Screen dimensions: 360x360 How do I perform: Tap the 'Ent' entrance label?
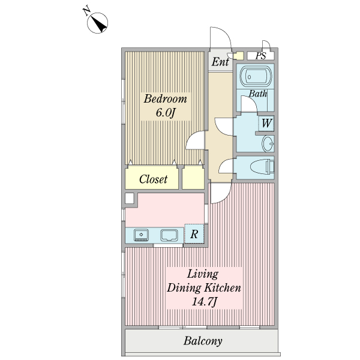click(219, 61)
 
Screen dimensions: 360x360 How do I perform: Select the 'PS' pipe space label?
click(260, 56)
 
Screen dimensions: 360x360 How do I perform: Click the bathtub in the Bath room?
click(256, 77)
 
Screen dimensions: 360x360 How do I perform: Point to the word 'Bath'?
click(258, 94)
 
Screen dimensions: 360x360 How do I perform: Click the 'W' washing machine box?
click(267, 124)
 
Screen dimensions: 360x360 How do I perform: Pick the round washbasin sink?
click(268, 143)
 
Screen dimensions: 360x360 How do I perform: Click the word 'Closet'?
click(153, 179)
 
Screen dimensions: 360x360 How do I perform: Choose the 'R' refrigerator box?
click(194, 235)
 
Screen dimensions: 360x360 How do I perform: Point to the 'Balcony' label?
click(203, 341)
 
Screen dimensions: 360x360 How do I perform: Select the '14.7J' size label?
click(204, 302)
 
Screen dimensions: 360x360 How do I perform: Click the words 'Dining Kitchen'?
click(204, 288)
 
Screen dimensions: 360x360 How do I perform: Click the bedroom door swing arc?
click(194, 143)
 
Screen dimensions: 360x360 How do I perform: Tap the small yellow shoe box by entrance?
click(238, 56)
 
